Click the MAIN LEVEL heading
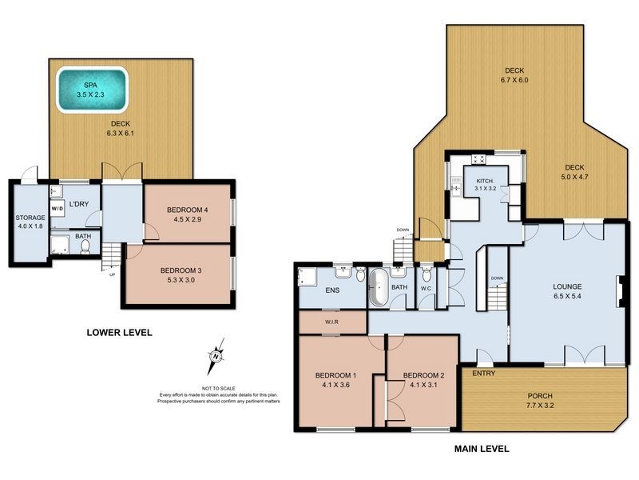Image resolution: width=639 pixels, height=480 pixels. click(482, 450)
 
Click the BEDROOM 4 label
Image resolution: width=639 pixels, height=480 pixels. click(187, 210)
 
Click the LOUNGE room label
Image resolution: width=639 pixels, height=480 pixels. click(566, 286)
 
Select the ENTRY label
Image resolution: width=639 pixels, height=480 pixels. click(483, 374)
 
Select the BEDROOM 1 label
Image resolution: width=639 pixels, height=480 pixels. click(335, 376)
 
